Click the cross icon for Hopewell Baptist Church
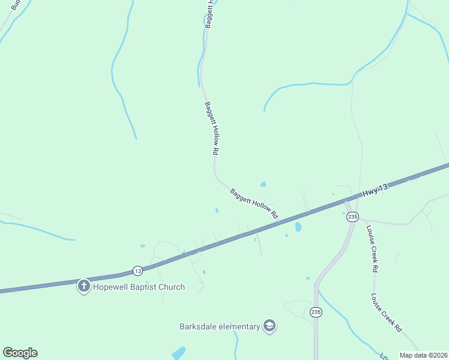pyautogui.click(x=84, y=286)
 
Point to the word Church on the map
pyautogui.click(x=171, y=287)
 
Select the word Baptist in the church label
pyautogui.click(x=145, y=287)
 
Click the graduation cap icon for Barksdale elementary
pyautogui.click(x=270, y=326)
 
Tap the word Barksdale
pyautogui.click(x=199, y=326)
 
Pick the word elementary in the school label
pyautogui.click(x=240, y=326)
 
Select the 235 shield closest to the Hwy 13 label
pyautogui.click(x=352, y=216)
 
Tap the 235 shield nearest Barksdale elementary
pyautogui.click(x=316, y=312)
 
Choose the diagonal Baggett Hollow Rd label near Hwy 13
pyautogui.click(x=255, y=203)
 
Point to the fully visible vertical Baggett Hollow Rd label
pyautogui.click(x=211, y=128)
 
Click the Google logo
pyautogui.click(x=20, y=353)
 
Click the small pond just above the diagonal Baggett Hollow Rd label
pyautogui.click(x=263, y=184)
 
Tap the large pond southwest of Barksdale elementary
pyautogui.click(x=178, y=353)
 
